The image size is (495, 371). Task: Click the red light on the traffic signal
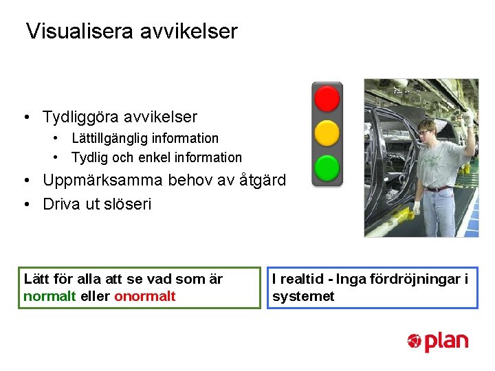(x=327, y=98)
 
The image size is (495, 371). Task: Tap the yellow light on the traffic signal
(x=327, y=133)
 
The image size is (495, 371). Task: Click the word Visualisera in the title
(x=76, y=32)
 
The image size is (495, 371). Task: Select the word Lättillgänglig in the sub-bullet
(x=110, y=139)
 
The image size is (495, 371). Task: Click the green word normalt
(x=49, y=297)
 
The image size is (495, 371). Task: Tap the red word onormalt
(x=144, y=297)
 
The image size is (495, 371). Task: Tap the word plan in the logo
(x=446, y=341)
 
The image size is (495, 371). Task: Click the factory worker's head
(x=427, y=128)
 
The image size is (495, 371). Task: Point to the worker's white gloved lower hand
(x=417, y=207)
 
